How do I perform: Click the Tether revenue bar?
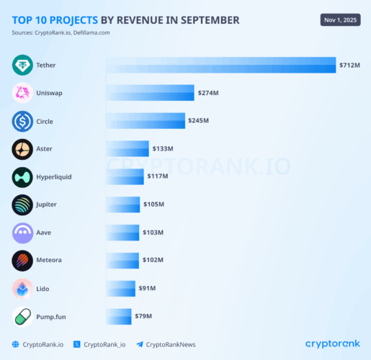click(220, 65)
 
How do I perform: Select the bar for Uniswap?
click(150, 93)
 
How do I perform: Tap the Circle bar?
click(145, 120)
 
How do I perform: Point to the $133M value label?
click(162, 149)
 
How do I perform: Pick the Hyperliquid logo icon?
click(22, 177)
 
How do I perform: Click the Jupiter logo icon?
click(22, 204)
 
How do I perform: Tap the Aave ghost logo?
click(22, 233)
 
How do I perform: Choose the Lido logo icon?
click(22, 288)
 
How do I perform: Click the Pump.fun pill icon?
click(22, 316)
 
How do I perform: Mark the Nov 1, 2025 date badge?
click(340, 19)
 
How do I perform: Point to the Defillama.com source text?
click(92, 33)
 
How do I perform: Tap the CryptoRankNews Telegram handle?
click(170, 344)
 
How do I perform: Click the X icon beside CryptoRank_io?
click(76, 344)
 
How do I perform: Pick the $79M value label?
click(143, 316)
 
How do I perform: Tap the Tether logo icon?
click(22, 66)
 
